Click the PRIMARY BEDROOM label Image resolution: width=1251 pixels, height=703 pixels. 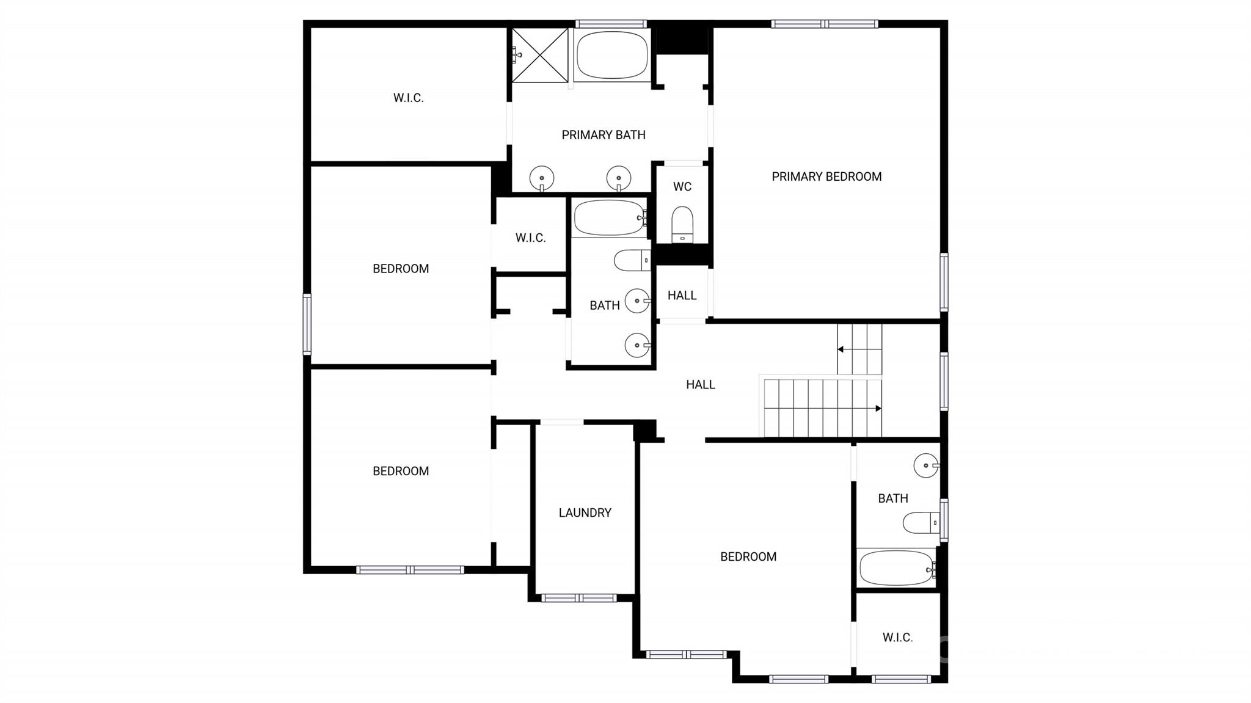[826, 177]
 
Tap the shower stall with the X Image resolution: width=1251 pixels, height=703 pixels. [540, 55]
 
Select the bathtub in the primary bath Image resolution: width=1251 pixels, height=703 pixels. [611, 55]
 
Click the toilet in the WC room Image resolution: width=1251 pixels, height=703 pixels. [682, 224]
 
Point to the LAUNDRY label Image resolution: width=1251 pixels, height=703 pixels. [585, 512]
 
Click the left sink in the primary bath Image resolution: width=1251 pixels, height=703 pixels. [542, 178]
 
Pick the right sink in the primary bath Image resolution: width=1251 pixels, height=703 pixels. [618, 178]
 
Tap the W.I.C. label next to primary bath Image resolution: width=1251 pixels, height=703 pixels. [408, 98]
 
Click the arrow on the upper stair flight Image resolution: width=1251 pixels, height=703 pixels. [841, 349]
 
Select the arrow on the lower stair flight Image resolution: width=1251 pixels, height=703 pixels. [878, 408]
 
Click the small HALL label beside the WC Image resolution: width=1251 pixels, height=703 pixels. [682, 296]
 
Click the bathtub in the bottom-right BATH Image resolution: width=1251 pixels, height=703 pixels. [896, 568]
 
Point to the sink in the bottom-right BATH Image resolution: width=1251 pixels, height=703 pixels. [926, 465]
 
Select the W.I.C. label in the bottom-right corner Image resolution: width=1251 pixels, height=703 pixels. [897, 638]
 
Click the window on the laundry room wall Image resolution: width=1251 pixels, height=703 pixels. [579, 598]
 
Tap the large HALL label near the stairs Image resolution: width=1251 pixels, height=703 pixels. [700, 384]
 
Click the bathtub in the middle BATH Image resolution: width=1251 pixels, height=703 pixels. [609, 218]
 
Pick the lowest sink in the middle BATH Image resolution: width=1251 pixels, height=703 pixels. [637, 345]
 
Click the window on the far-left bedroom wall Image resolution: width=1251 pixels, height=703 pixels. [307, 324]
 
